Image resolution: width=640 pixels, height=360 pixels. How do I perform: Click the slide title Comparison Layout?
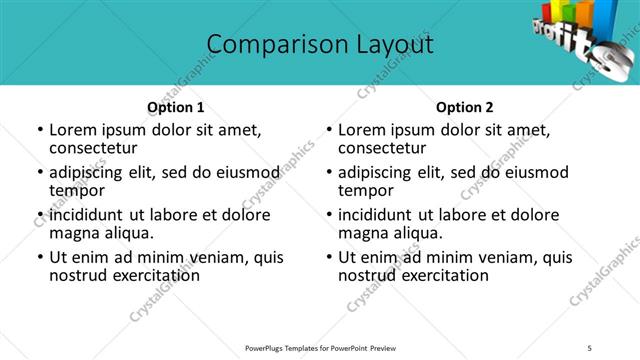click(x=320, y=45)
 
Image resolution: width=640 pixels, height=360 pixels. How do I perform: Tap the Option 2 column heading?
click(x=465, y=107)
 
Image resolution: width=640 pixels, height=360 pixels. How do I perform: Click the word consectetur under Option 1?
click(x=93, y=149)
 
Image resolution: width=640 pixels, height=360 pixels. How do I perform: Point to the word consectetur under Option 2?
click(x=382, y=149)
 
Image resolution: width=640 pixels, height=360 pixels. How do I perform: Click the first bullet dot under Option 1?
click(x=39, y=130)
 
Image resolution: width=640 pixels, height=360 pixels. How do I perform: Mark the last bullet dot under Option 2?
click(x=329, y=257)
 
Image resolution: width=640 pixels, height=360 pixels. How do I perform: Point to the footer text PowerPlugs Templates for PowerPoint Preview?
click(x=320, y=348)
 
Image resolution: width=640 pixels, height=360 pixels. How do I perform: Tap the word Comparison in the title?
click(x=266, y=45)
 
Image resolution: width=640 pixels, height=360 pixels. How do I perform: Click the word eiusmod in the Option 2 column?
click(x=529, y=172)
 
